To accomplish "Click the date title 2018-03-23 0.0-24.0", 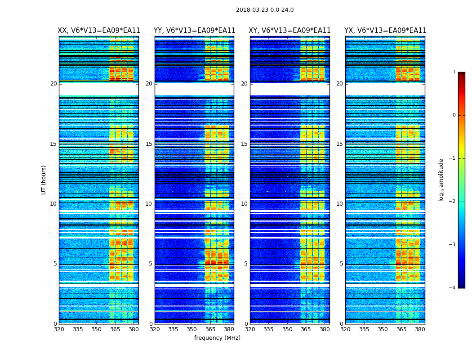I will tap(265, 10).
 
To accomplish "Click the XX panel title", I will tap(99, 31).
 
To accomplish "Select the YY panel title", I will tap(195, 31).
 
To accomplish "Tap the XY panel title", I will tap(290, 31).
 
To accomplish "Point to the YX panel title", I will tap(385, 31).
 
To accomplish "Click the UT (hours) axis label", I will tap(44, 180).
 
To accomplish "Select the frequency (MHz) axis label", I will tap(217, 338).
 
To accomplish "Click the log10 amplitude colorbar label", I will tap(441, 180).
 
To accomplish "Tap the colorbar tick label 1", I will tap(454, 72).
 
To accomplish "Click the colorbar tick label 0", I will tap(454, 115).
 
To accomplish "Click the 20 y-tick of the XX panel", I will tap(53, 84).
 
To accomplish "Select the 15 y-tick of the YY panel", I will tap(149, 144).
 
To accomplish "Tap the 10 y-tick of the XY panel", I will tap(244, 204).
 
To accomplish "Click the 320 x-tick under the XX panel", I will tap(59, 329).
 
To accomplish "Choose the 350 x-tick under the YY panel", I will tap(192, 329).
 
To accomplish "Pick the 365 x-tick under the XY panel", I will tap(306, 329).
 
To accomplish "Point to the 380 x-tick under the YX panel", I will tap(420, 329).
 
